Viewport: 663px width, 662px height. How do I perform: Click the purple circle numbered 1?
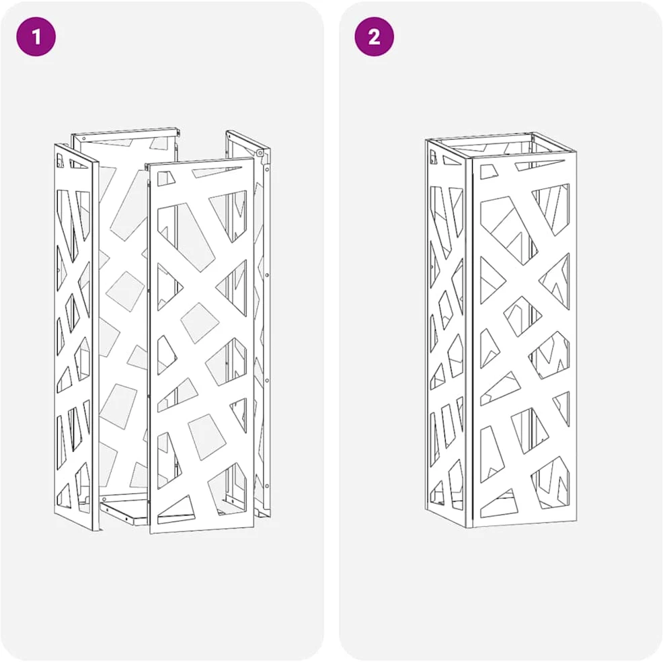[36, 36]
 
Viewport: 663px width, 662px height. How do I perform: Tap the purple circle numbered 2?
[375, 36]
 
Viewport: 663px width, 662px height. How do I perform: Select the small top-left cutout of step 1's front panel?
[166, 178]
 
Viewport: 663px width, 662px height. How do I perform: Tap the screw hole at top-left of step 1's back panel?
[84, 139]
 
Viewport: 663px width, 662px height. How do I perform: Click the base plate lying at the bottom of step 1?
[122, 511]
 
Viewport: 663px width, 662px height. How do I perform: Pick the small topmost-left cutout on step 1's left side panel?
[61, 160]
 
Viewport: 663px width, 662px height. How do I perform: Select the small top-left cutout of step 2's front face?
[490, 172]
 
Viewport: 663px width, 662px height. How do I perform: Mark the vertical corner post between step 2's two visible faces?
[469, 342]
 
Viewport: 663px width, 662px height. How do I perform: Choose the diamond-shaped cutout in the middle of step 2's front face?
[522, 316]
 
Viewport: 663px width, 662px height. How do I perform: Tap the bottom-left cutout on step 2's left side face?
[435, 492]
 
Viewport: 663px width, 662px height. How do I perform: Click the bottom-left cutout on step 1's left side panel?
[65, 494]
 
